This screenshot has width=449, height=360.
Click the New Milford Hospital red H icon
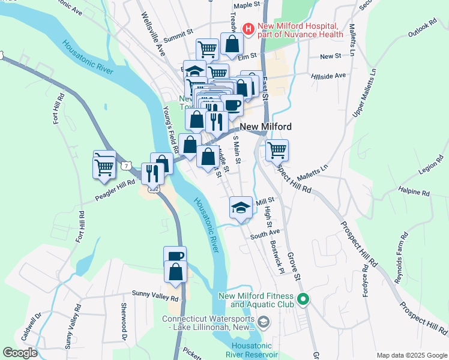tap(248, 28)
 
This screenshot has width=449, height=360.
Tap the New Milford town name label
tap(266, 127)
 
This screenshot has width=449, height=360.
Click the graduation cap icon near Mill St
tap(241, 208)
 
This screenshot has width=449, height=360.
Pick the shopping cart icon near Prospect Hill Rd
tap(277, 150)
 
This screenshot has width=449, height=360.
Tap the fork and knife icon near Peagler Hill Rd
tap(152, 174)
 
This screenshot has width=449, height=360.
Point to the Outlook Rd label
tap(422, 28)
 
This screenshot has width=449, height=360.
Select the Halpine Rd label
tap(414, 193)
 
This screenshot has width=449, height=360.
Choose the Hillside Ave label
tap(329, 76)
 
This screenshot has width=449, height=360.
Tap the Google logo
tap(20, 353)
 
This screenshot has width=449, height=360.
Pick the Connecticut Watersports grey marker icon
tap(263, 323)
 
